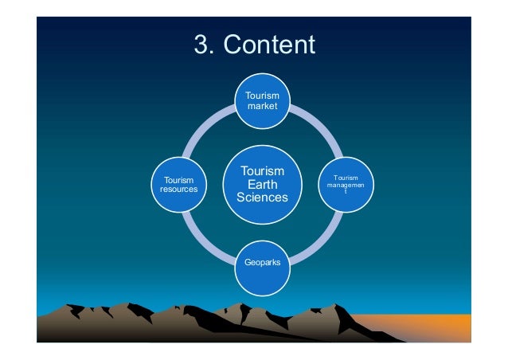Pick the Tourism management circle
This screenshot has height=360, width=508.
[x=346, y=185]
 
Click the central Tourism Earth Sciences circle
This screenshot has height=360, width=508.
[x=263, y=184]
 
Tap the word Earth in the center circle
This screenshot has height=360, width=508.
[x=263, y=184]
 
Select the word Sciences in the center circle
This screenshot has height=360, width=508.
[x=263, y=198]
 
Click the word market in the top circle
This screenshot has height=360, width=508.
[x=262, y=106]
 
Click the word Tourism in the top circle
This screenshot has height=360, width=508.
[x=262, y=96]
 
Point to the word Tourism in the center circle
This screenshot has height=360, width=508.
[x=263, y=170]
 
